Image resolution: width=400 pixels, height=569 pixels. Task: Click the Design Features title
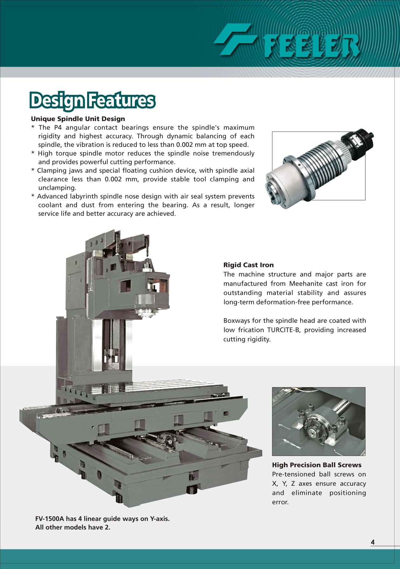pos(93,101)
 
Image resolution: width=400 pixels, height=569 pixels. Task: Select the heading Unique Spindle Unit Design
pos(78,119)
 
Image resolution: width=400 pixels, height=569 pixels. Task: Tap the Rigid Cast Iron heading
pos(248,265)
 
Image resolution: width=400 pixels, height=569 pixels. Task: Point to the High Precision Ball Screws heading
pos(317,465)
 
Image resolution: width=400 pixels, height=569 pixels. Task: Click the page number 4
pos(373,542)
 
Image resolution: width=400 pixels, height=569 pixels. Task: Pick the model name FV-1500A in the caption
pos(50,519)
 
